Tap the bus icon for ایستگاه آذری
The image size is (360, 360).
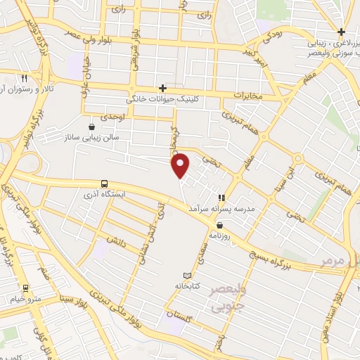pyautogui.click(x=105, y=184)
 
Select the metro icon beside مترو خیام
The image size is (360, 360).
pyautogui.click(x=25, y=288)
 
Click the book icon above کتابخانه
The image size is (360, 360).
pyautogui.click(x=186, y=276)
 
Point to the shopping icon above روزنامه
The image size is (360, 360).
pyautogui.click(x=220, y=225)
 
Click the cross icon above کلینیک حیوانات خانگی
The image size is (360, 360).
pyautogui.click(x=163, y=88)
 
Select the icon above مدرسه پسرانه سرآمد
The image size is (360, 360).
pyautogui.click(x=221, y=198)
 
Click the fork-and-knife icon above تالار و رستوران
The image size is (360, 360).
pyautogui.click(x=25, y=79)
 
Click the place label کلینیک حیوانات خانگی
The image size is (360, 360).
pyautogui.click(x=163, y=99)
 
